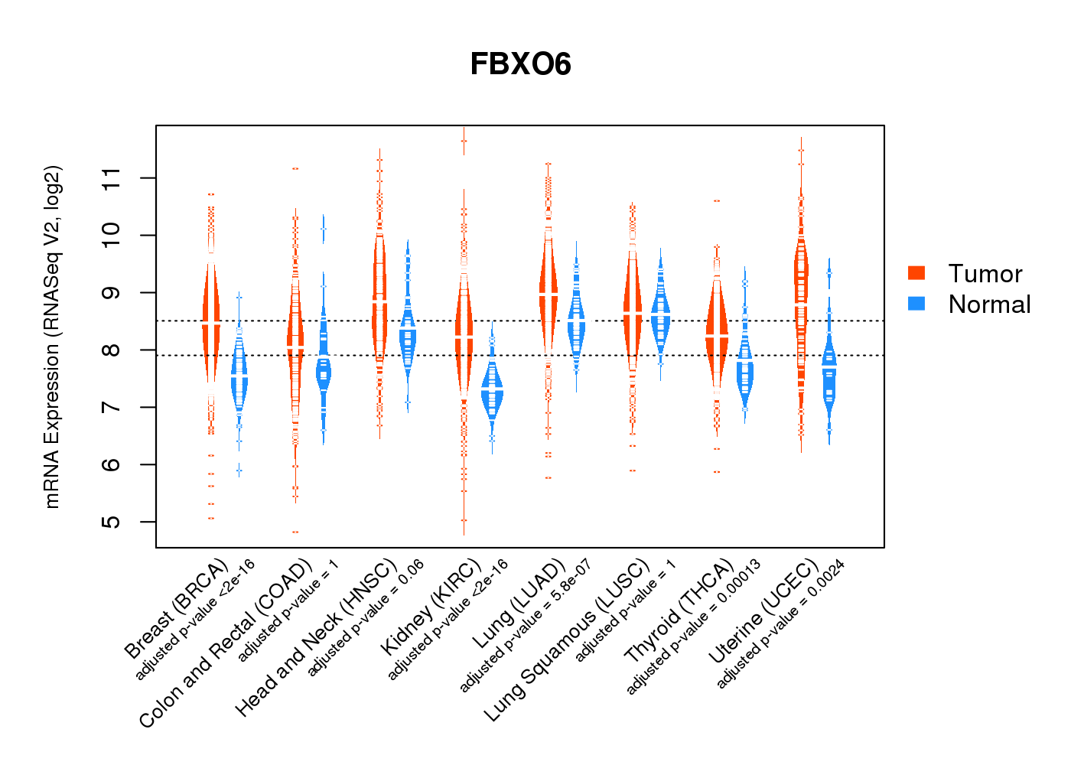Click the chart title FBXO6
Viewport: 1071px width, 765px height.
(x=520, y=65)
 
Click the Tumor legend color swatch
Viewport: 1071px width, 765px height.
(x=916, y=273)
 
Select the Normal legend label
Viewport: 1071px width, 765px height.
(x=989, y=304)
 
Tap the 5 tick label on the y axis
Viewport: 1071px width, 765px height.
(x=112, y=522)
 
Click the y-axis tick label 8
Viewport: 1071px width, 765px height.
(x=112, y=350)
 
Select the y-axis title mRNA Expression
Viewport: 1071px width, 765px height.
(x=52, y=337)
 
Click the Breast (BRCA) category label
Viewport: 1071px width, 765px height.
(x=177, y=609)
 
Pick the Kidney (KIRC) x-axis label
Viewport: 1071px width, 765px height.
(x=431, y=607)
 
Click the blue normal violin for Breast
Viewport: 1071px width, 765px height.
(x=239, y=379)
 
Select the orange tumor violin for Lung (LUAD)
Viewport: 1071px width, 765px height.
(x=548, y=295)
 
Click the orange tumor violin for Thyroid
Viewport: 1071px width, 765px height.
(x=717, y=337)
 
